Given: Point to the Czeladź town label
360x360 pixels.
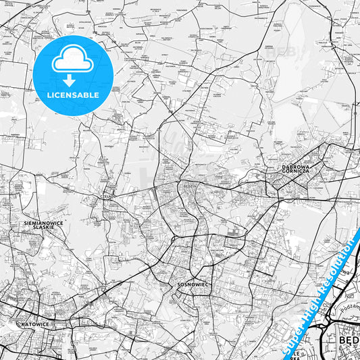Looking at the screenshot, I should pos(106,197).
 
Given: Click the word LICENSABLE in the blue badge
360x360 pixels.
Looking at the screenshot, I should pos(73,95).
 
